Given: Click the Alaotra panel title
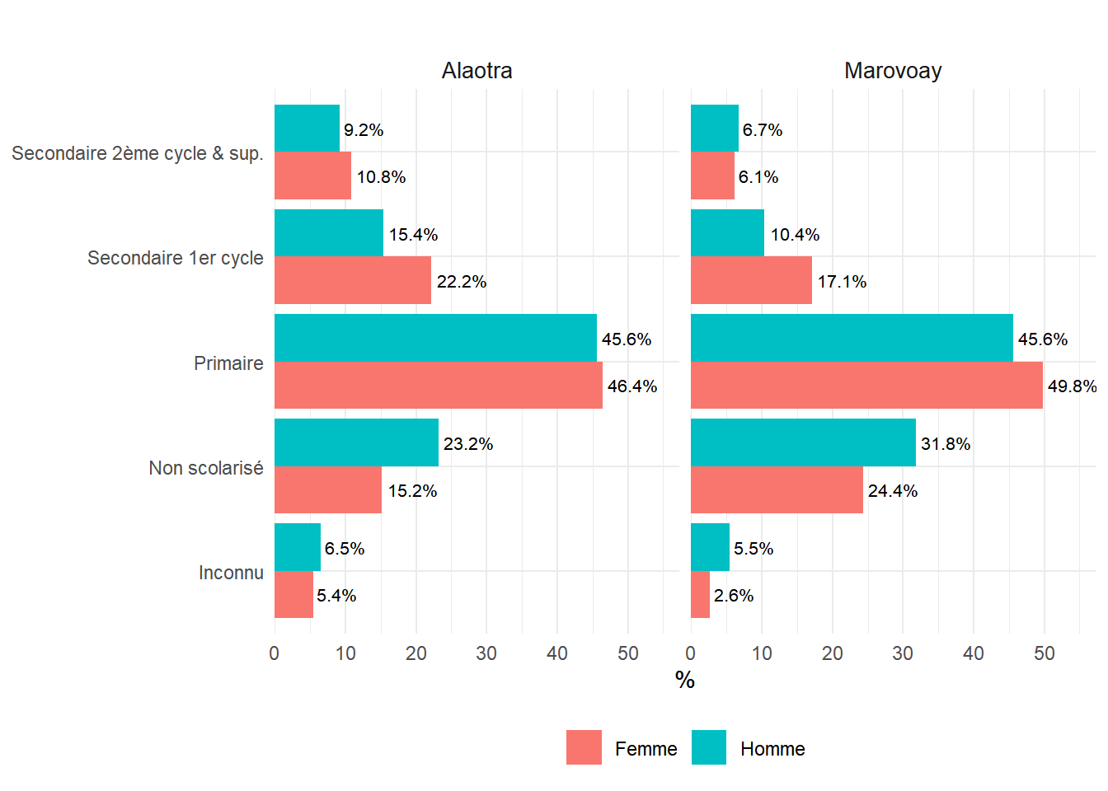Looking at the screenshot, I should pyautogui.click(x=477, y=71).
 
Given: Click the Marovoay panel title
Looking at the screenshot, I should pyautogui.click(x=893, y=71).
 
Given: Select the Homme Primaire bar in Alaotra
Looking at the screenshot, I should pyautogui.click(x=435, y=338).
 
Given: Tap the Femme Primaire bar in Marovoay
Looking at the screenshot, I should pyautogui.click(x=866, y=385).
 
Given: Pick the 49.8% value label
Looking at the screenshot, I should pyautogui.click(x=1072, y=386).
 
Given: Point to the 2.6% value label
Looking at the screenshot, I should pyautogui.click(x=734, y=596).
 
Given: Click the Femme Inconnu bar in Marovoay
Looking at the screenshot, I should pyautogui.click(x=700, y=594).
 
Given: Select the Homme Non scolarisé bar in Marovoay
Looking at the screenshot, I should pyautogui.click(x=803, y=442).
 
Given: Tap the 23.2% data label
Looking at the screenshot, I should pyautogui.click(x=468, y=444).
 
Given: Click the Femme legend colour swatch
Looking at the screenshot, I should pyautogui.click(x=584, y=747).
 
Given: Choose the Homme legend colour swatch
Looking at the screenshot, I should pyautogui.click(x=709, y=747).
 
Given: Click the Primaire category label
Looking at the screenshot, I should pyautogui.click(x=228, y=363).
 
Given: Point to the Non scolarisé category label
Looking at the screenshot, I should pyautogui.click(x=206, y=468).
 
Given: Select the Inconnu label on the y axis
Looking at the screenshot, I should pyautogui.click(x=231, y=573).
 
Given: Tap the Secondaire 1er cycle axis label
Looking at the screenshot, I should pyautogui.click(x=176, y=258).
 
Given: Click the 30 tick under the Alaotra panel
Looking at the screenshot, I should pyautogui.click(x=486, y=653).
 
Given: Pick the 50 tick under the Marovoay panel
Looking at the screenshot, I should pyautogui.click(x=1044, y=653).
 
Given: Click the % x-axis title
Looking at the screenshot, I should pyautogui.click(x=684, y=680).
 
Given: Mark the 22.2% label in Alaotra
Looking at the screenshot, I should pyautogui.click(x=462, y=282).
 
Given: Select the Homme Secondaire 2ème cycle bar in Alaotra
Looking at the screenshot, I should pyautogui.click(x=307, y=129).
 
